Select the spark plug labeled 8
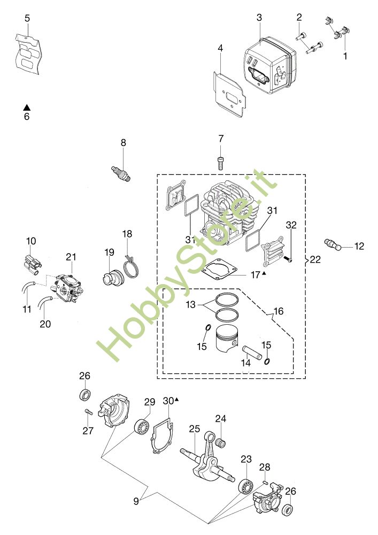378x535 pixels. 121,173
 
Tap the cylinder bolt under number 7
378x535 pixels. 220,163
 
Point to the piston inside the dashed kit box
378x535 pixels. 226,339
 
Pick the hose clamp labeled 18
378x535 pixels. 130,266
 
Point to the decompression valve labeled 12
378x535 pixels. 332,244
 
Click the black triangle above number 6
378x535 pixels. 27,108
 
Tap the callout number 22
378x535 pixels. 315,259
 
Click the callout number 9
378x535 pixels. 136,501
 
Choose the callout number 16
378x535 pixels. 279,311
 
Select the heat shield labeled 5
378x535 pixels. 28,55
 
